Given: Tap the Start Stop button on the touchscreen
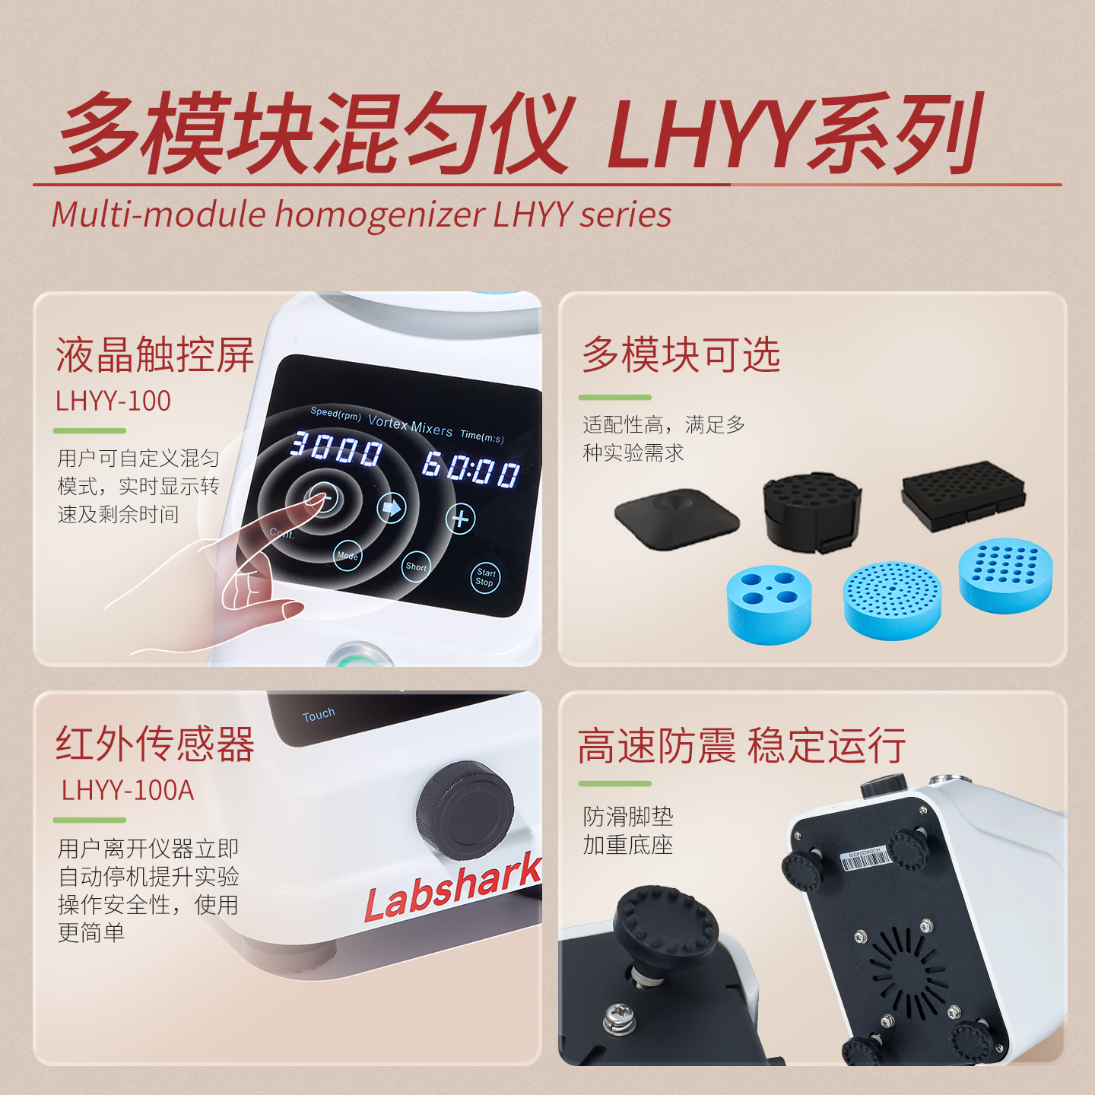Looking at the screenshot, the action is pos(485,576).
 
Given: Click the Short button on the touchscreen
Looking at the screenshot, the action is pos(416,567).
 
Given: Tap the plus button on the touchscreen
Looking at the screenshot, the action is pos(460,519).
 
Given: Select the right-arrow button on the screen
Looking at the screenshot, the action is pos(392,507).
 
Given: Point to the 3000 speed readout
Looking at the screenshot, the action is pos(335,449).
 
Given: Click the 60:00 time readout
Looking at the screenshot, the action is pos(471,470).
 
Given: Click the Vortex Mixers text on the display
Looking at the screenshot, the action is pos(411,426).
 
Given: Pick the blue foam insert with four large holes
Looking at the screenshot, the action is pos(769,604).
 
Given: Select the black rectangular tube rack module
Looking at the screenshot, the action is pos(963,496).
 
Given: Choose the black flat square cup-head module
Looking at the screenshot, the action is pos(676,519).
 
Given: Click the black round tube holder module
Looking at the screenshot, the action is pos(813,512).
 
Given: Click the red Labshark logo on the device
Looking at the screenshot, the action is pos(452,887).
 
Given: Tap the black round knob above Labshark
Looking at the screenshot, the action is pos(465,810).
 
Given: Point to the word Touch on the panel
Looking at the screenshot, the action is pos(318,714).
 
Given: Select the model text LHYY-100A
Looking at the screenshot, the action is pos(127,790).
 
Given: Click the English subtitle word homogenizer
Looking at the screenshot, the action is pos(380,214).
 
